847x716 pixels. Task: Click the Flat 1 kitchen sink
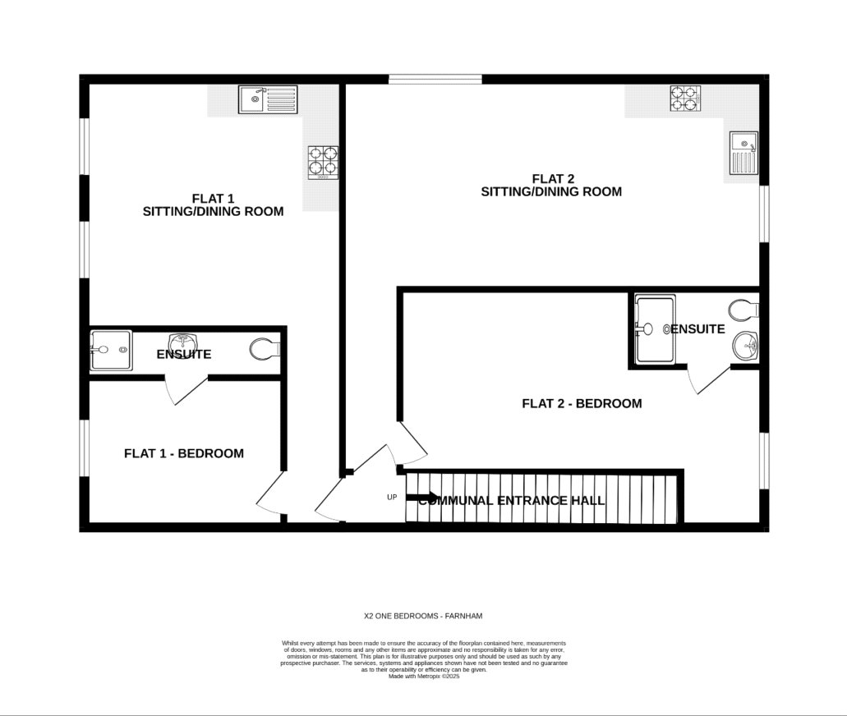tap(268, 100)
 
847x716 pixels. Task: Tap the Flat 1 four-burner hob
tap(323, 162)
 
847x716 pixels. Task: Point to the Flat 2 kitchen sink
tap(743, 153)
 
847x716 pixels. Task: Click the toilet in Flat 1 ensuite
tap(265, 350)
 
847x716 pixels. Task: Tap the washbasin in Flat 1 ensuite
tap(182, 342)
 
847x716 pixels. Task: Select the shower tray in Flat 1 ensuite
tap(110, 351)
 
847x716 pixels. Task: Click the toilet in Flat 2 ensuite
tap(743, 310)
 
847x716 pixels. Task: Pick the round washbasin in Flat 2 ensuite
tap(745, 346)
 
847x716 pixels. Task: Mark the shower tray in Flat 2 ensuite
tap(655, 329)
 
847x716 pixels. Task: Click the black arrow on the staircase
tap(423, 497)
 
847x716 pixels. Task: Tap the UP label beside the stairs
tap(392, 497)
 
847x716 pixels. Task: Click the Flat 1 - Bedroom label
tap(184, 453)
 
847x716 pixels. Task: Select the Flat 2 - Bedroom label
tap(582, 403)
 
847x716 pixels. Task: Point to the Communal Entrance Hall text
tap(512, 500)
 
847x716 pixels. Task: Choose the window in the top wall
tap(435, 79)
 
